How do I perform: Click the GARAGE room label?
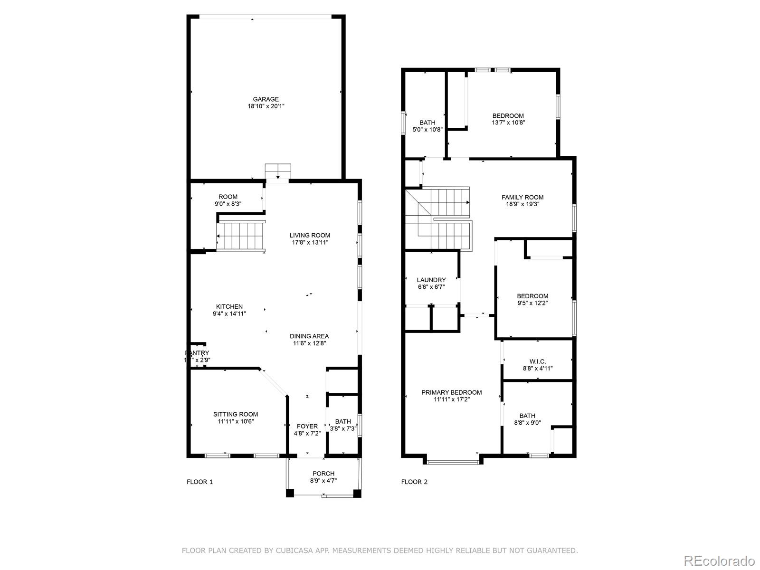[x=266, y=99]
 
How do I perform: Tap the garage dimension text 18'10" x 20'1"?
[x=266, y=106]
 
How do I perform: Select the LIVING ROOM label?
[x=310, y=235]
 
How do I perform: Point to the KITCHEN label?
[x=229, y=306]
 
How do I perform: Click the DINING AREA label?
[x=309, y=336]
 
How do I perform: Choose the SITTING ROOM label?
[x=236, y=414]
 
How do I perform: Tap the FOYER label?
[x=307, y=426]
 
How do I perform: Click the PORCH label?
[x=323, y=474]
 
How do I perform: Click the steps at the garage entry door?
[x=278, y=171]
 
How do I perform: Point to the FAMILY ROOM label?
[x=522, y=197]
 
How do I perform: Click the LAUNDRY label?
[x=431, y=280]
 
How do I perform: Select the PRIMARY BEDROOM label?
[x=452, y=392]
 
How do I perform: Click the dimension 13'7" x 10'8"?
[x=508, y=123]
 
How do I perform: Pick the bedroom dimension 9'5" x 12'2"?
[x=532, y=303]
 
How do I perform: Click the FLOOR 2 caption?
[x=414, y=482]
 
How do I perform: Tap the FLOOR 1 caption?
[x=199, y=482]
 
